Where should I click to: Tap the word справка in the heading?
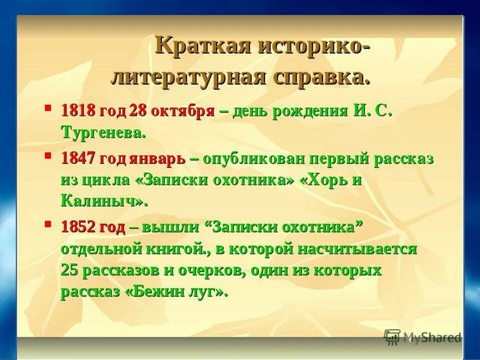click(x=320, y=77)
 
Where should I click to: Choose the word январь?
click(x=158, y=158)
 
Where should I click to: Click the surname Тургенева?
click(x=103, y=132)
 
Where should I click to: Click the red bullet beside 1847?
click(x=48, y=155)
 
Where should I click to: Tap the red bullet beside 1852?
click(x=48, y=223)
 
